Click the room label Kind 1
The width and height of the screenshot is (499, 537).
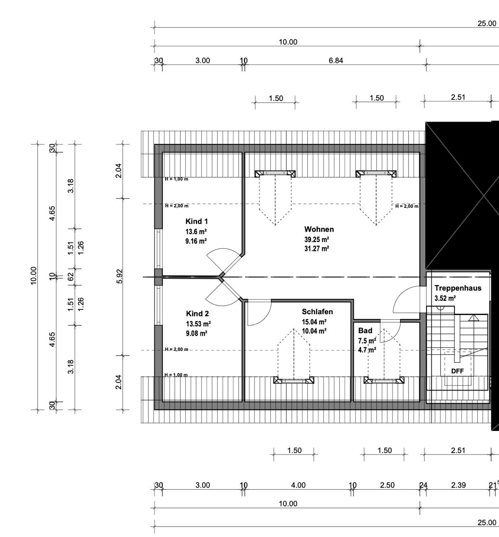tap(197, 222)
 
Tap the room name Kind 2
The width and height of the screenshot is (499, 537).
tap(198, 314)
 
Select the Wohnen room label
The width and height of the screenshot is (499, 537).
tap(319, 229)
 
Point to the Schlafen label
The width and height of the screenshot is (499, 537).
tap(317, 312)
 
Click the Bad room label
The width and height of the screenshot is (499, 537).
tap(365, 331)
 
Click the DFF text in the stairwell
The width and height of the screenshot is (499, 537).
tap(457, 371)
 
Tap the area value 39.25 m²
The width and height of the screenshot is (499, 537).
tap(317, 239)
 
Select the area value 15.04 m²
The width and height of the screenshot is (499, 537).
tap(314, 322)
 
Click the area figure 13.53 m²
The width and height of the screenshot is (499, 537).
tap(198, 323)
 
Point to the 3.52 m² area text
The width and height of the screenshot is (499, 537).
tap(445, 299)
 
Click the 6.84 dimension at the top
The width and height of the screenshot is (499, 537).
tap(336, 60)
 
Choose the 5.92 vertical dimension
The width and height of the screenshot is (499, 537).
tap(119, 276)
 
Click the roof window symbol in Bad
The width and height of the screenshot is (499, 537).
tap(384, 381)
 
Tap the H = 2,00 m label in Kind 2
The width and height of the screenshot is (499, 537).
tap(177, 349)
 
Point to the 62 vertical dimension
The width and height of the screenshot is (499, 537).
tap(71, 276)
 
